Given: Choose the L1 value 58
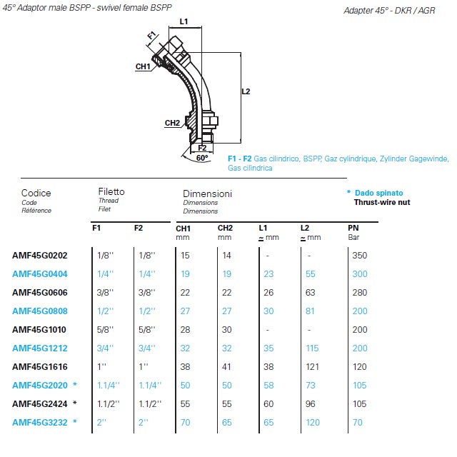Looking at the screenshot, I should click(268, 385).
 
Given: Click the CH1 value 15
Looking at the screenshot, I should click(184, 255).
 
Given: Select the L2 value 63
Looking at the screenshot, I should click(310, 292).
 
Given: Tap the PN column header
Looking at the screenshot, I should click(353, 228).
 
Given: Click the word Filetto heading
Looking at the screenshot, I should click(111, 192).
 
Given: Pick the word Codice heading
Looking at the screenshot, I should click(36, 193).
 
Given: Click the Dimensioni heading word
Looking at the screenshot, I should click(207, 194).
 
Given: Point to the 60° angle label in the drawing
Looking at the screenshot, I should click(201, 157).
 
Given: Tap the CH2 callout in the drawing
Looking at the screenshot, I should click(172, 123).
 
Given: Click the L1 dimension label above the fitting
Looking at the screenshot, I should click(184, 22).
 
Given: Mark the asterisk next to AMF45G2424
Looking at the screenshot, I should click(74, 403).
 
